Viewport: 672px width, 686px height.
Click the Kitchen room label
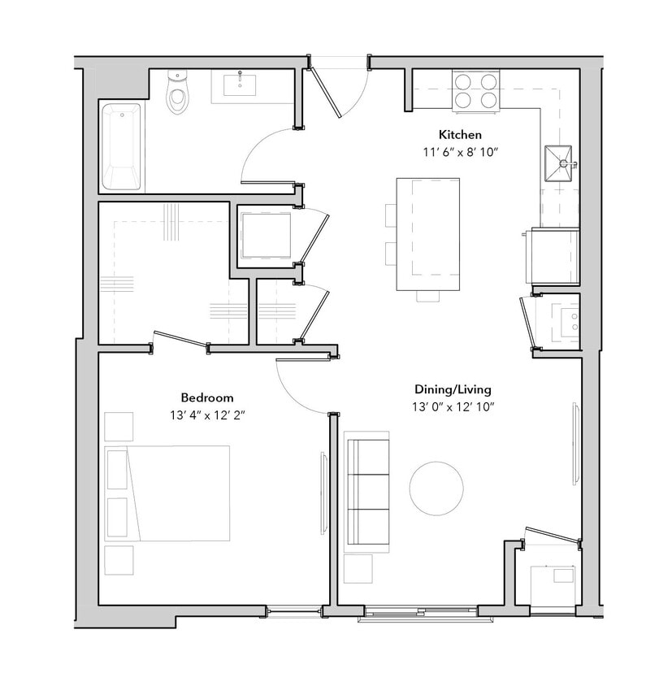point(461,135)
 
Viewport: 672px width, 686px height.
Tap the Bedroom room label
point(207,398)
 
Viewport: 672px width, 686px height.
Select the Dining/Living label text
point(453,389)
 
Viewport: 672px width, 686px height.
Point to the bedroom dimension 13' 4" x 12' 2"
point(207,415)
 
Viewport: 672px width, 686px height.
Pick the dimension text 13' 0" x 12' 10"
point(453,406)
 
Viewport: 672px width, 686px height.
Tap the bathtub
point(120,146)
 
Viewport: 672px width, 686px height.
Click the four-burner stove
point(475,89)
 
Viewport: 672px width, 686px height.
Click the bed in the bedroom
point(169,493)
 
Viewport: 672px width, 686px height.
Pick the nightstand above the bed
point(119,427)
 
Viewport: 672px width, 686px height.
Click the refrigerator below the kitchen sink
point(553,256)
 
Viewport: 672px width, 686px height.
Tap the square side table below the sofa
point(358,568)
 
